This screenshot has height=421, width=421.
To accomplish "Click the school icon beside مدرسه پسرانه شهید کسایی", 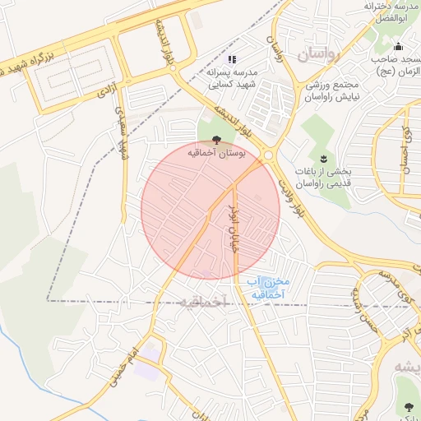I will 232,59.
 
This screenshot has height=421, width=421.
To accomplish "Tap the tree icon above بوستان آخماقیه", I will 216,141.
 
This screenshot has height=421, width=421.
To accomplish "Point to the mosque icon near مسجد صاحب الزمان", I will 399,46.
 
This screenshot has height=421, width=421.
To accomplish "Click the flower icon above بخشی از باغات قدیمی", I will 322,158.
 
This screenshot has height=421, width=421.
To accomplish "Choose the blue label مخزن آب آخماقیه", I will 265,287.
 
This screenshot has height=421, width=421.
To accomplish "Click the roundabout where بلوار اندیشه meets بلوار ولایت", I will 269,155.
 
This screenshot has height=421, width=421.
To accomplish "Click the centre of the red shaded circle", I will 210,210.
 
